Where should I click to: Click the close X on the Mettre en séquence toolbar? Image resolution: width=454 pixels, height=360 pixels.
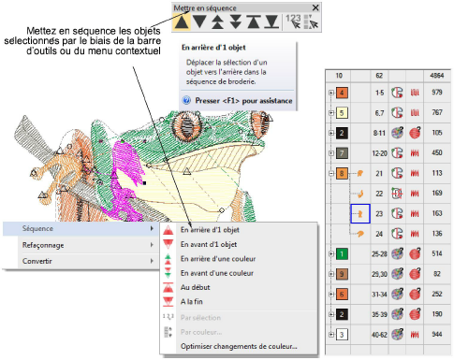[x=315, y=7]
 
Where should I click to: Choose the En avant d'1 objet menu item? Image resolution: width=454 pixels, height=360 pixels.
[x=209, y=244]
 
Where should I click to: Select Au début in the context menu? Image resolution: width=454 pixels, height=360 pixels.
[x=195, y=287]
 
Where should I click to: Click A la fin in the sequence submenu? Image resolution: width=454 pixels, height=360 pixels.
[x=192, y=301]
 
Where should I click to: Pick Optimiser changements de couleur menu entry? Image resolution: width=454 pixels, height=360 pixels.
[x=239, y=346]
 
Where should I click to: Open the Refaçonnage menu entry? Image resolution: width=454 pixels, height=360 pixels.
[x=43, y=245]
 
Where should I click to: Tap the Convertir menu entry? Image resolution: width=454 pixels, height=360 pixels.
[x=37, y=261]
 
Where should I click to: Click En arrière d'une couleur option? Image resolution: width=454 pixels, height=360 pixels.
[x=218, y=259]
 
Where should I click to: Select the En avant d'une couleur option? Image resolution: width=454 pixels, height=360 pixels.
[x=217, y=273]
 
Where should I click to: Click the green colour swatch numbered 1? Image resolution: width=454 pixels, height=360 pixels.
[x=342, y=253]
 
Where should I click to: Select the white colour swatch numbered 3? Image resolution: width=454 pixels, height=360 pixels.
[x=342, y=335]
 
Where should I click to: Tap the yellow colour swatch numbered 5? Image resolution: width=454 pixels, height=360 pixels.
[x=342, y=112]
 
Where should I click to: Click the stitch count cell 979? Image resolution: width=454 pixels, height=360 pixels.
[x=437, y=93]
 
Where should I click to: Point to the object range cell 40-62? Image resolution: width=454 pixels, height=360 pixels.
[x=379, y=335]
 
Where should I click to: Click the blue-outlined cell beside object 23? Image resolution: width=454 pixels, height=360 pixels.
[x=360, y=213]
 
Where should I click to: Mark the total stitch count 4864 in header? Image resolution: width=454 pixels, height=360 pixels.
[x=437, y=76]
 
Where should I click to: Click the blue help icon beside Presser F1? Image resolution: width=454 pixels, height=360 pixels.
[x=186, y=100]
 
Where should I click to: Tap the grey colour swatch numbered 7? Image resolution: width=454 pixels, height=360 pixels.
[x=342, y=153]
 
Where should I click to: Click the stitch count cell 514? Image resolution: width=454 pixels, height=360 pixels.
[x=437, y=253]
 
